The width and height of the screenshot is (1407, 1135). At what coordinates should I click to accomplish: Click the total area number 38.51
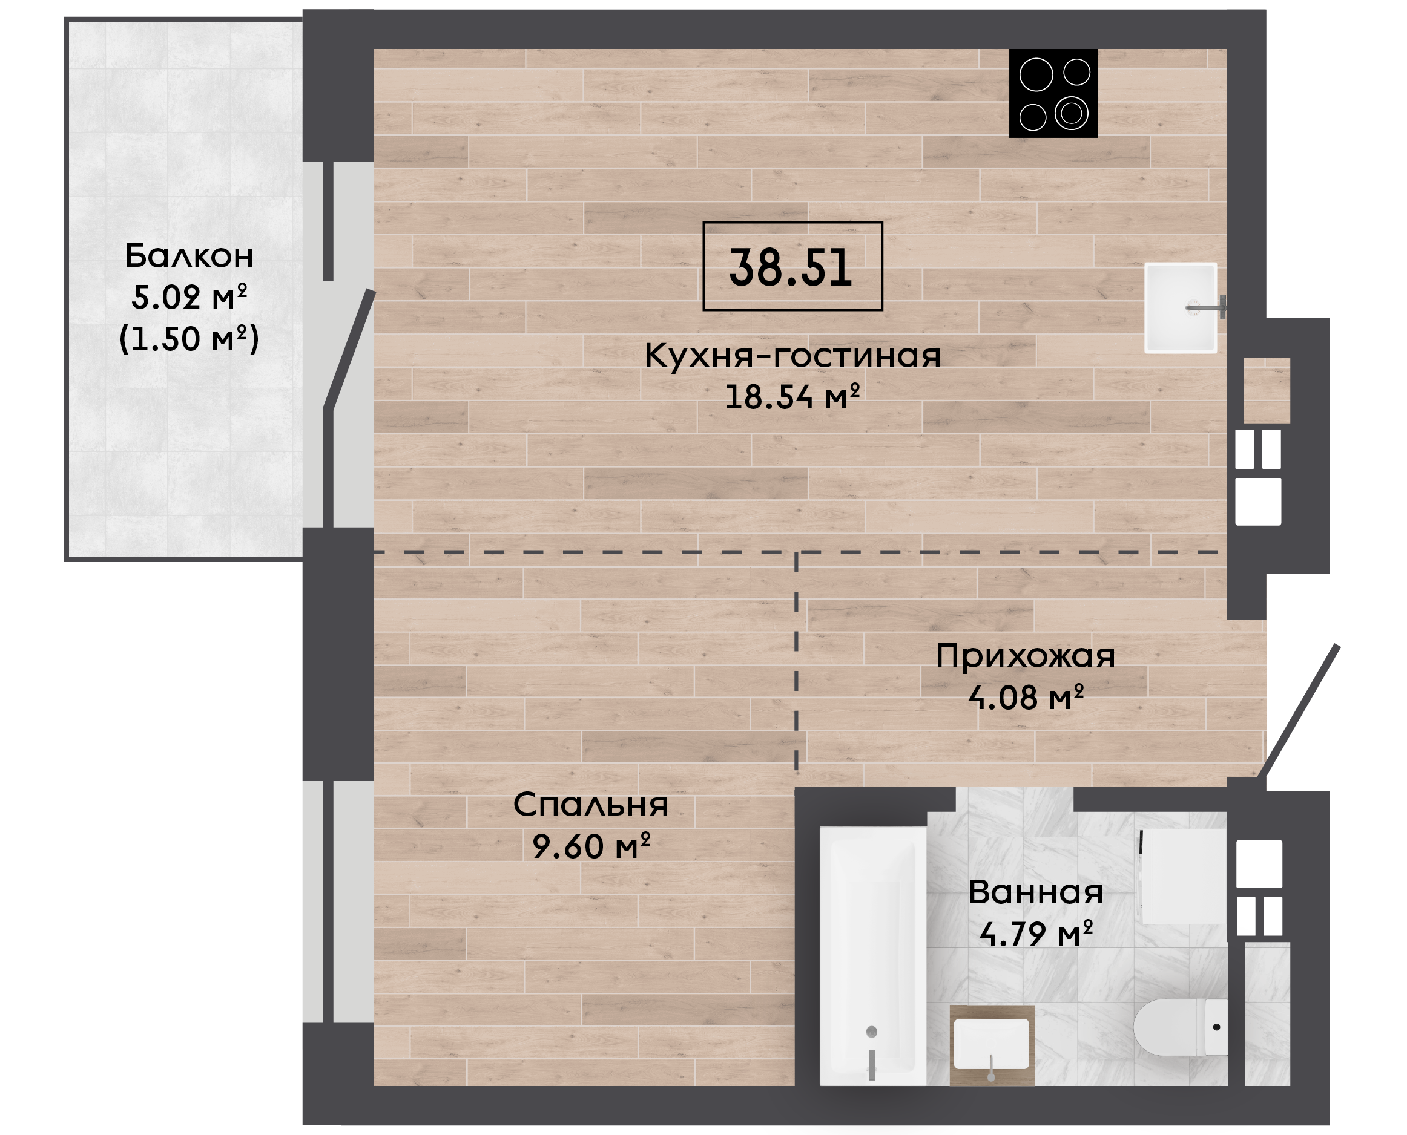791,267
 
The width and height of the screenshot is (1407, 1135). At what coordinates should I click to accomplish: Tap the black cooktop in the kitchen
1053,94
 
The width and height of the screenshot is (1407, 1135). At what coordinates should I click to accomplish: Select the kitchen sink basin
1181,308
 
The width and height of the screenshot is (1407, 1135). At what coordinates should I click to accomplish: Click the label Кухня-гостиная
792,356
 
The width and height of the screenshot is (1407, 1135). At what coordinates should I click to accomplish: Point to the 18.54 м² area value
792,397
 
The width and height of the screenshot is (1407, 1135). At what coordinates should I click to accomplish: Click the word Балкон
189,256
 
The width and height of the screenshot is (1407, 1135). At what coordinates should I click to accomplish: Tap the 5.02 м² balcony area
189,297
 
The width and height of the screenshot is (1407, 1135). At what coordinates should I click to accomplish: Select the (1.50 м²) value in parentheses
189,339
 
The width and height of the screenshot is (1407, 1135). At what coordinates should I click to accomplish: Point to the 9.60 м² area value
591,846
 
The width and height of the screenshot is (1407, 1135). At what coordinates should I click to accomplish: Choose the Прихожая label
1025,656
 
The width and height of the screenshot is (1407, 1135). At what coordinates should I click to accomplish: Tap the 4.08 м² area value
1026,698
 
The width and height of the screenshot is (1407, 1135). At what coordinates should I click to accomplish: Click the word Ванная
1035,893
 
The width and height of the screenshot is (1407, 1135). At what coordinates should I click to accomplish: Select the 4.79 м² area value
1036,934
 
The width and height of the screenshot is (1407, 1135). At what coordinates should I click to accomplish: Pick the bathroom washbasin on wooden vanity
992,1045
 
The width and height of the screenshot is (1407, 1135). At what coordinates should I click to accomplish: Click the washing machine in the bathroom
1182,877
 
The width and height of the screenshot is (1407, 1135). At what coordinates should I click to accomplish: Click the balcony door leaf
349,350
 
